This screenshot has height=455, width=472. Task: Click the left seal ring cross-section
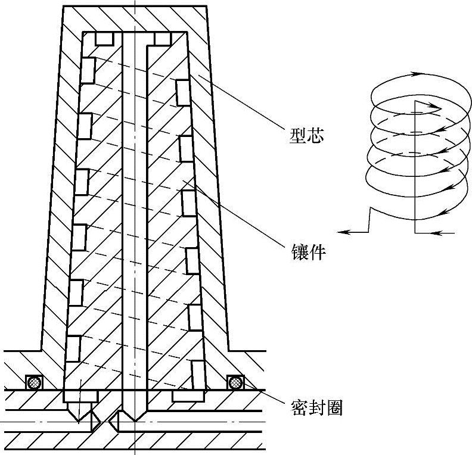[33, 382]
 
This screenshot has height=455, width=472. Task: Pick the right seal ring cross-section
[236, 382]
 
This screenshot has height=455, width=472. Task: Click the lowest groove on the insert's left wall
[73, 348]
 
